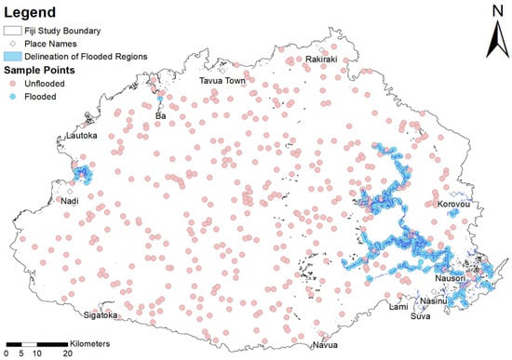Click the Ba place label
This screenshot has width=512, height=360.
click(x=161, y=115)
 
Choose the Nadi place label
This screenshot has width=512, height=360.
click(x=69, y=200)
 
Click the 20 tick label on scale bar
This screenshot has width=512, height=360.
click(x=68, y=354)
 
